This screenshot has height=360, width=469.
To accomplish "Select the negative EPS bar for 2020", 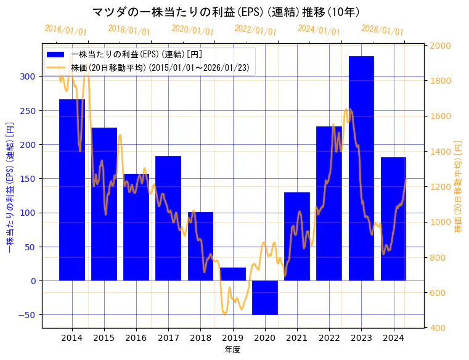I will pos(265,298).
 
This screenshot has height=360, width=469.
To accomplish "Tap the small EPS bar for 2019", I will pos(233,274).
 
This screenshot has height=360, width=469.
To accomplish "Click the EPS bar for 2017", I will pos(168,218).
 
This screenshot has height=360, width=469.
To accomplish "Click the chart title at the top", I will pos(226,12).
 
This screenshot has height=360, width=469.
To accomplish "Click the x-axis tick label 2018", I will pos(200,338).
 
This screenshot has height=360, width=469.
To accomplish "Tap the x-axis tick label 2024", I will pos(393,338).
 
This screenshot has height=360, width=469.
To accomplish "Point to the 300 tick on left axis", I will pos(28,77).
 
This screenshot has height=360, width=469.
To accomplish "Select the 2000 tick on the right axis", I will pos(442,46).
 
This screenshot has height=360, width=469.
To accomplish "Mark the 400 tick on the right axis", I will pos(439,328).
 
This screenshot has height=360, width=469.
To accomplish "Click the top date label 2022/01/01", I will pos(256,30).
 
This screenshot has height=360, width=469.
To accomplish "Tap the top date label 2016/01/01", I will pos(66,30).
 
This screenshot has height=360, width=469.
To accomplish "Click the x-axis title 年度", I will pos(233,350).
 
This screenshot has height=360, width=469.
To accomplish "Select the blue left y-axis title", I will pos(10,186).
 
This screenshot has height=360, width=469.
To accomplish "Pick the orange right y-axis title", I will pos(458,186).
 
